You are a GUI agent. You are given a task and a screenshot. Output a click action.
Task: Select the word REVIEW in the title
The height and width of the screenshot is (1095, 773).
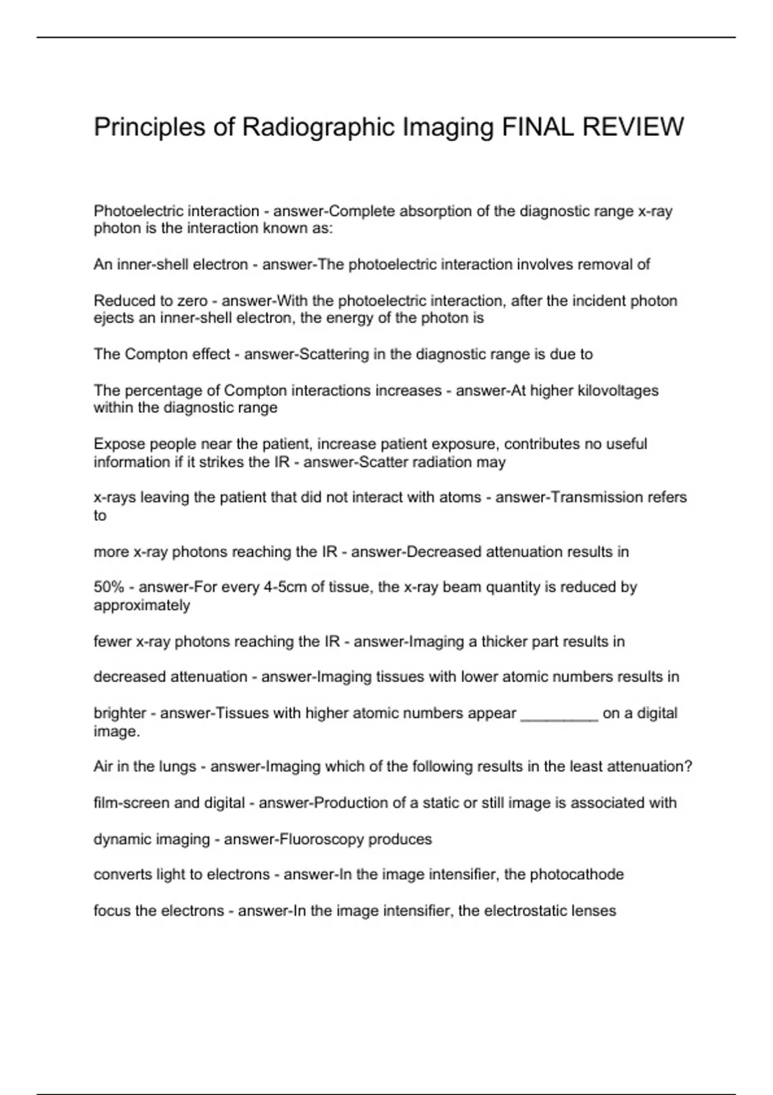click(x=633, y=127)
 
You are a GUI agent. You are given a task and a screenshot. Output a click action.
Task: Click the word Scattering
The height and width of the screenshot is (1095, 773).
click(x=332, y=354)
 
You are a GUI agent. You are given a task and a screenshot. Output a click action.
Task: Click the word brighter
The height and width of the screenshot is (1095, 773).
click(x=120, y=713)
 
